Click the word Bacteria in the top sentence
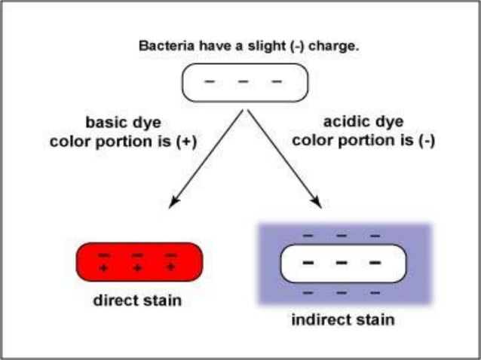[x=164, y=46]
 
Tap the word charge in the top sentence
[x=335, y=46]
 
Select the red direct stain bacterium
[x=139, y=261]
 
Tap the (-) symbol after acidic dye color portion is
[x=426, y=140]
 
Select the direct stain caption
[x=137, y=302]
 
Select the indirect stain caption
[x=342, y=320]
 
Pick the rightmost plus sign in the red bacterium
[x=171, y=267]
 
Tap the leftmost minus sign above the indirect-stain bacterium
[x=308, y=236]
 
